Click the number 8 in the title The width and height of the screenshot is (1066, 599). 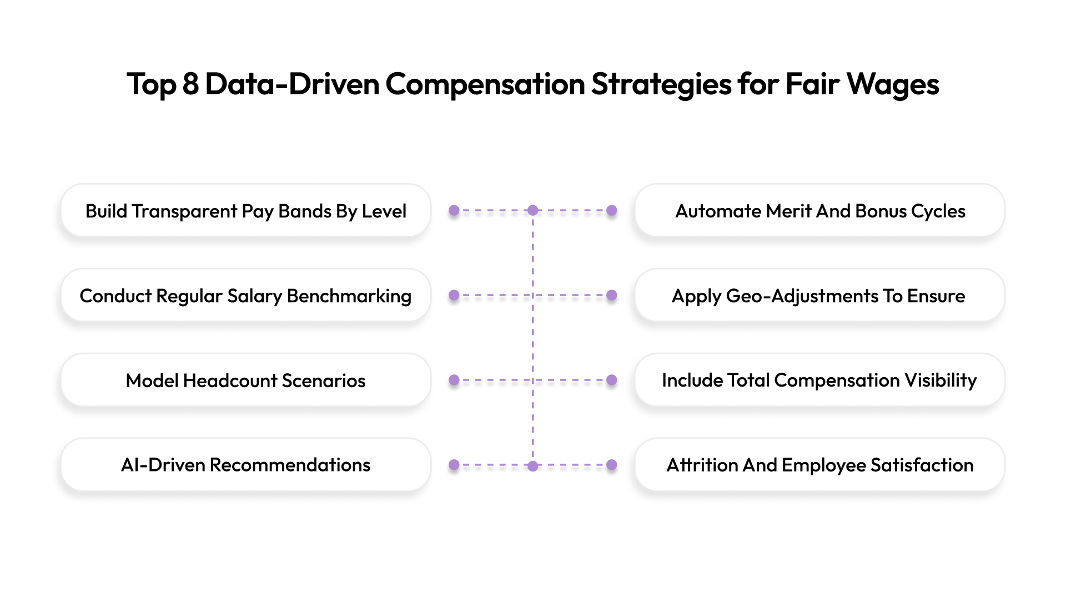190,84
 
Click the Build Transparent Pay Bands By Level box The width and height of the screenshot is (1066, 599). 246,211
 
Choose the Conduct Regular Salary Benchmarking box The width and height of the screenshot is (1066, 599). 246,296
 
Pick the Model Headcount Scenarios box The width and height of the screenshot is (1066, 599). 246,380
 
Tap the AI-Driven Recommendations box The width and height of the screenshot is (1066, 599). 246,465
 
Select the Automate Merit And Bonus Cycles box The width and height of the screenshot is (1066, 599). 820,211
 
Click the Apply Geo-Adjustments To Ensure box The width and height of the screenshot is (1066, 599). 820,296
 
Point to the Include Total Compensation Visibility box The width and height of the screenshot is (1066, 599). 820,380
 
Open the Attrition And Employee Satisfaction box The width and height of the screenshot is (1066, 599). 820,465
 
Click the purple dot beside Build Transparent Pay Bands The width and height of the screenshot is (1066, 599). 454,211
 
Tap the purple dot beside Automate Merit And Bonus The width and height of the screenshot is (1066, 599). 612,211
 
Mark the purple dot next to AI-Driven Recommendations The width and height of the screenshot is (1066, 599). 454,465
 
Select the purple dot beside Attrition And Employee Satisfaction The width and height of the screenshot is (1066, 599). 612,465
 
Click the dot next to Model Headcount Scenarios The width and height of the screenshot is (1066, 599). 454,380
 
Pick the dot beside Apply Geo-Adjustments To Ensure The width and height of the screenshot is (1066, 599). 612,295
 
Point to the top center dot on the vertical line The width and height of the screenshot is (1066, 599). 533,211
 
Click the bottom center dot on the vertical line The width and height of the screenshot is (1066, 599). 533,466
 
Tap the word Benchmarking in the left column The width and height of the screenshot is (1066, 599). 349,296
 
